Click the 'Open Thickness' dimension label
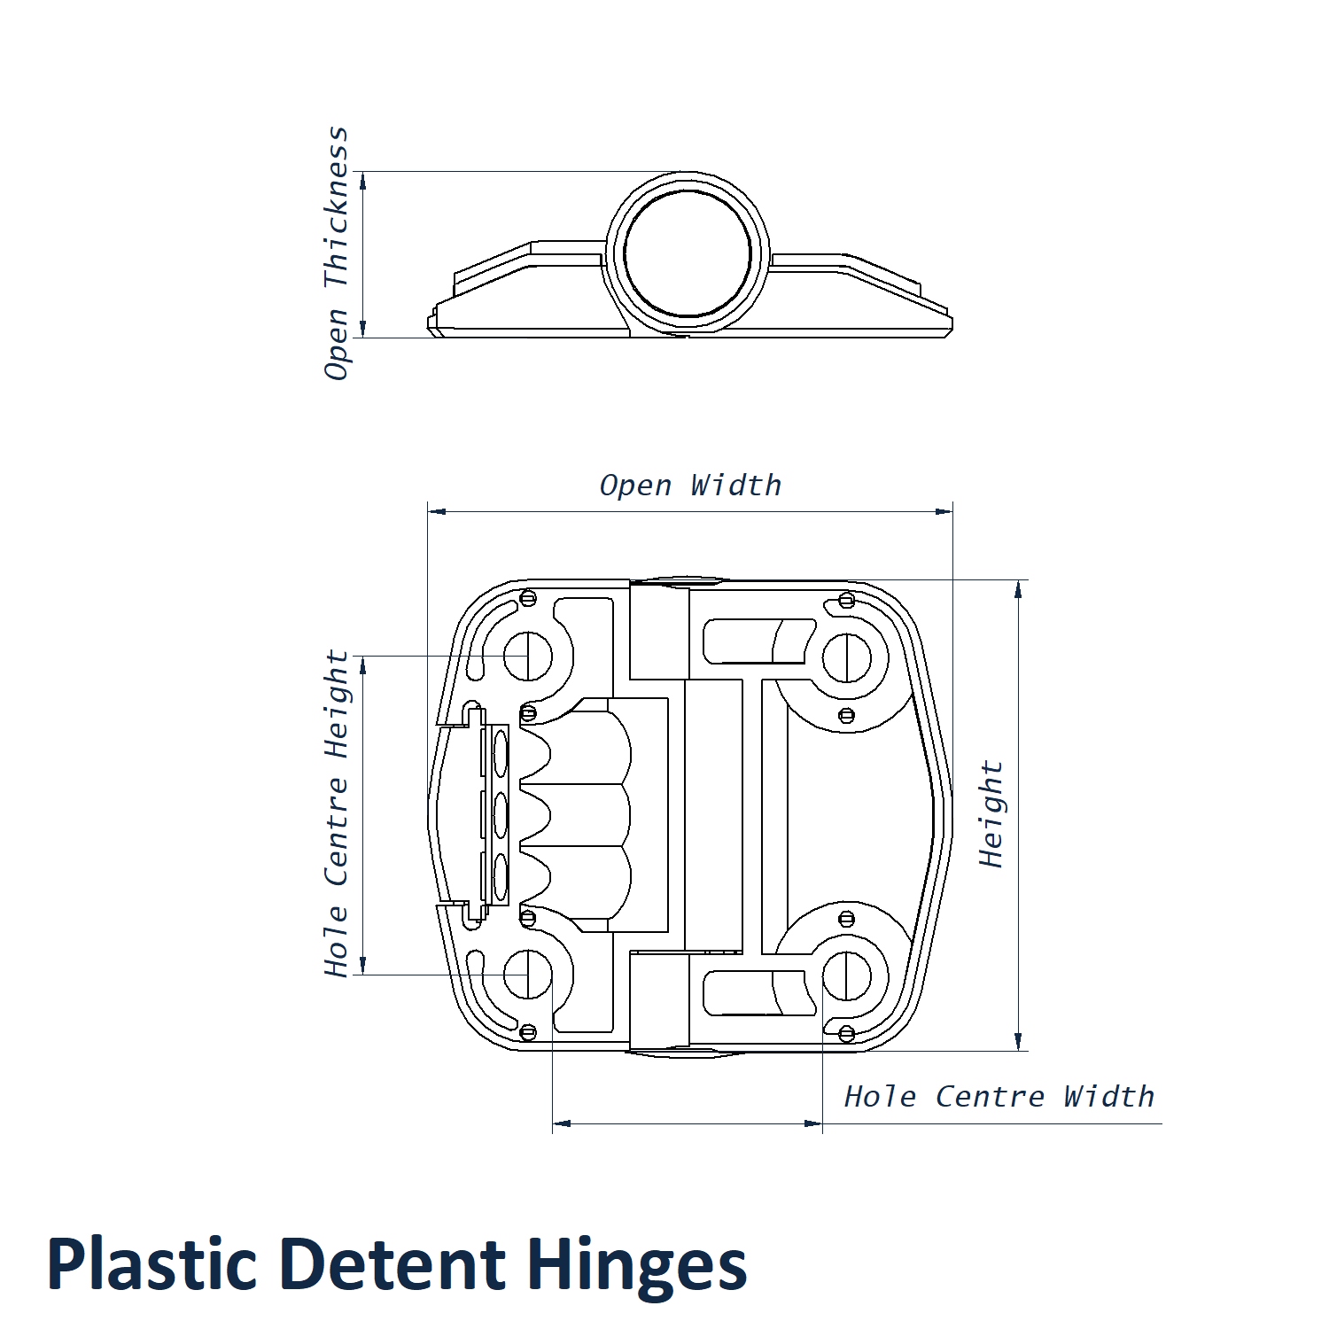coord(336,253)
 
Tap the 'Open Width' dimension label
coord(690,486)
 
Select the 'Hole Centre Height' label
coord(336,813)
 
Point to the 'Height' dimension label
coord(991,813)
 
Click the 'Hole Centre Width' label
coord(999,1097)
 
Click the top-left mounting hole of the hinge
coord(528,657)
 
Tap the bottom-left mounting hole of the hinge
coord(528,975)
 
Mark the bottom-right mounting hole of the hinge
coord(847,975)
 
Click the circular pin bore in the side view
coord(688,254)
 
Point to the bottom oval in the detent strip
coord(501,877)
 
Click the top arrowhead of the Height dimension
coord(1018,590)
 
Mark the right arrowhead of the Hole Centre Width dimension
coord(813,1123)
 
